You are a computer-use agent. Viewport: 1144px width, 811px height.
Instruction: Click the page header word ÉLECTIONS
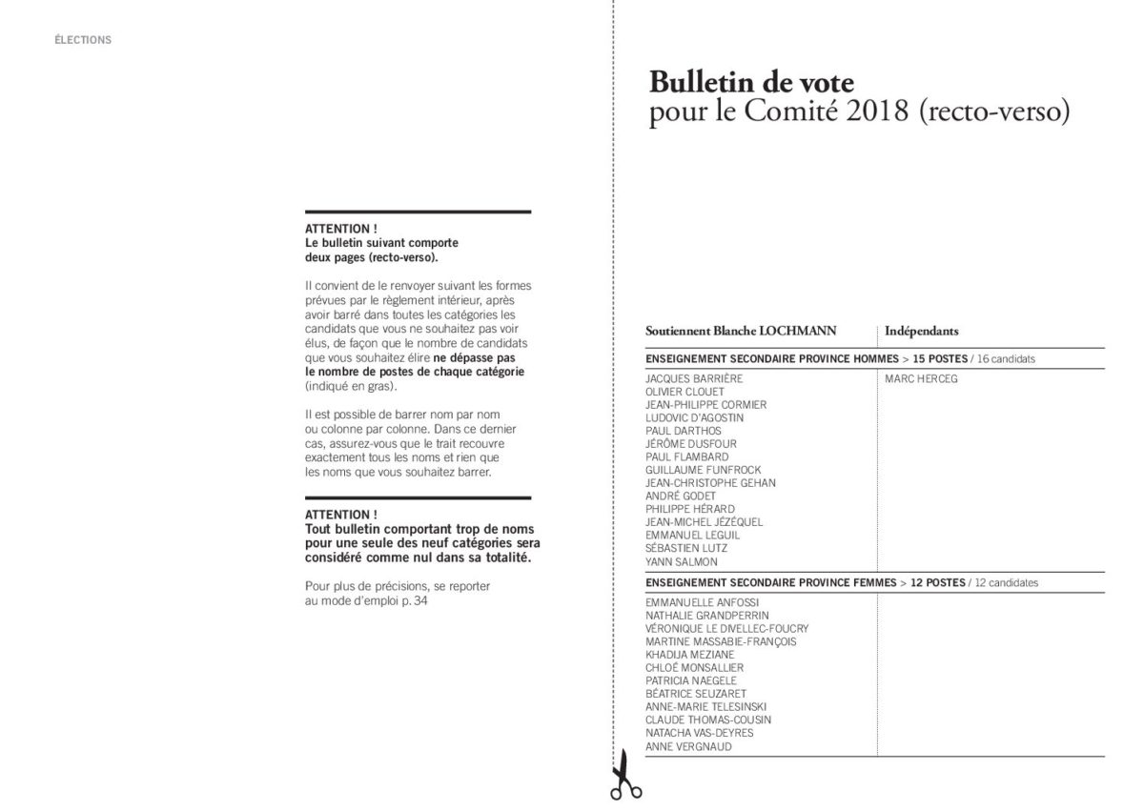tap(83, 40)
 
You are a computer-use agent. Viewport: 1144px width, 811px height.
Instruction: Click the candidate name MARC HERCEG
tap(921, 378)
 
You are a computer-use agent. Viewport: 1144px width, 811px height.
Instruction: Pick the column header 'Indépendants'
tap(921, 331)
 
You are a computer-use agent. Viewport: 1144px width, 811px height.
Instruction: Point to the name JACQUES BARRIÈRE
tap(693, 378)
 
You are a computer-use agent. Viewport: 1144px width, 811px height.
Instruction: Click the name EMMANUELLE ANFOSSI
tap(700, 602)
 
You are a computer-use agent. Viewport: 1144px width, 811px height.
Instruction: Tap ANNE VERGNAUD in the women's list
tap(689, 746)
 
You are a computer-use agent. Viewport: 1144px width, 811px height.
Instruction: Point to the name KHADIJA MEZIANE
tap(689, 655)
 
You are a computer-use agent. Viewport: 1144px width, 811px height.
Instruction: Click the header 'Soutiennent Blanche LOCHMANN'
tap(741, 331)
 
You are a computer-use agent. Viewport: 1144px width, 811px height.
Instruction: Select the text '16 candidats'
tap(1006, 359)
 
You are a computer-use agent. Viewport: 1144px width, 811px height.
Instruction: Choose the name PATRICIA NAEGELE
tap(692, 680)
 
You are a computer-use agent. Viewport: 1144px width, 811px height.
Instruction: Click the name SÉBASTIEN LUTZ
tap(686, 548)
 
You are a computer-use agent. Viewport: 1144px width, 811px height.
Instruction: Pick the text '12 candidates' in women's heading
tap(1007, 581)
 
